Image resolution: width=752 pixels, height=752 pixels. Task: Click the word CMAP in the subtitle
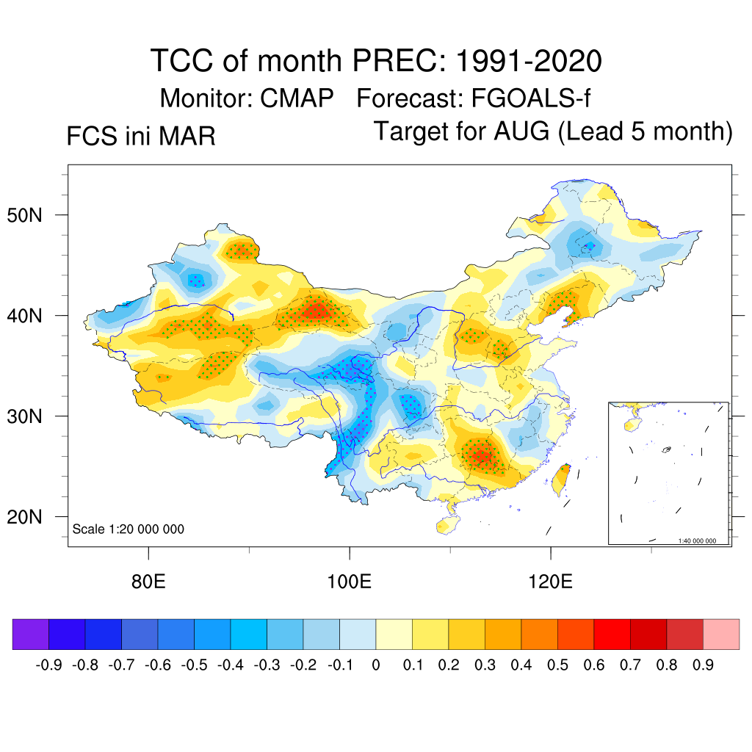pyautogui.click(x=297, y=98)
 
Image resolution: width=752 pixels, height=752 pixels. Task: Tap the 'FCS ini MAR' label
pyautogui.click(x=141, y=136)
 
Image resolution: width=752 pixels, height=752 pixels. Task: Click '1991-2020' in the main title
pyautogui.click(x=529, y=61)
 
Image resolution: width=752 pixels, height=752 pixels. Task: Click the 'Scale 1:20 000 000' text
pyautogui.click(x=129, y=529)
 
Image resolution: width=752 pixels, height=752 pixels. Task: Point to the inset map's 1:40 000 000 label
pyautogui.click(x=702, y=540)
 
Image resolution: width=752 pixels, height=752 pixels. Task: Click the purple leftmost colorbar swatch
pyautogui.click(x=30, y=634)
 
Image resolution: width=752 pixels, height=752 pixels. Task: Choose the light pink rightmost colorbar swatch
pyautogui.click(x=721, y=634)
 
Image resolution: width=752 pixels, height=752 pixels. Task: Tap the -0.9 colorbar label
pyautogui.click(x=48, y=665)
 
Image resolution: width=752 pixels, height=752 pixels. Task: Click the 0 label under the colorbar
pyautogui.click(x=376, y=665)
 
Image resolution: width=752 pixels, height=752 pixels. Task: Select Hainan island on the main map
pyautogui.click(x=444, y=526)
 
